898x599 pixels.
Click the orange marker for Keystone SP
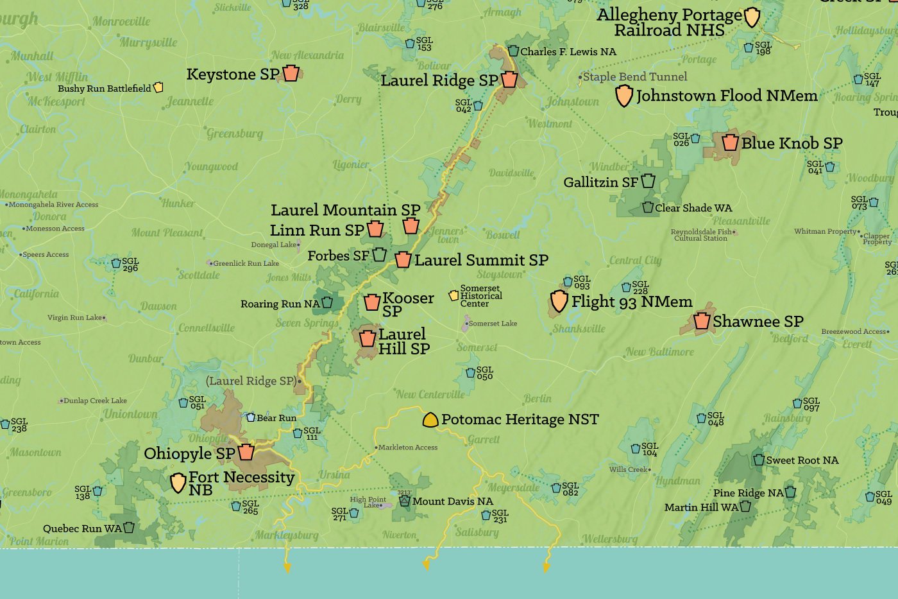click(x=291, y=73)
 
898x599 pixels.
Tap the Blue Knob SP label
click(x=792, y=143)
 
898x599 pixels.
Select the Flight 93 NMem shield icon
click(x=559, y=301)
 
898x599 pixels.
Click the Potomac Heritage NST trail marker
click(x=430, y=420)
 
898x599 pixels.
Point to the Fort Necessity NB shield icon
click(x=178, y=483)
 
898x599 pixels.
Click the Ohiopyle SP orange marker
click(x=246, y=452)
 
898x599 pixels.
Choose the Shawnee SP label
click(x=758, y=321)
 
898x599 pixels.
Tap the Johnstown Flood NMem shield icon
click(x=624, y=96)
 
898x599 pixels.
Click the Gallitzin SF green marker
click(x=648, y=181)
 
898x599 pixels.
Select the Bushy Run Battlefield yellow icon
click(x=158, y=87)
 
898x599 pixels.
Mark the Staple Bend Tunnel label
click(x=634, y=76)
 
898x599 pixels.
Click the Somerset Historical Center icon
click(x=453, y=295)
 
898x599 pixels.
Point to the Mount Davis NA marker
click(x=405, y=501)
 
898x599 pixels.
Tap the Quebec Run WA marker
click(x=129, y=528)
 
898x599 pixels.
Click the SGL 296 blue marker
click(x=116, y=263)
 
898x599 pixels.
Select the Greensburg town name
click(x=234, y=134)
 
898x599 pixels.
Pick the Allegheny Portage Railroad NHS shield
click(x=752, y=17)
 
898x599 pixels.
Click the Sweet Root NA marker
click(x=759, y=460)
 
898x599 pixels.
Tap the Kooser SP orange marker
click(x=372, y=302)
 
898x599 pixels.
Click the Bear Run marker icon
click(x=251, y=417)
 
